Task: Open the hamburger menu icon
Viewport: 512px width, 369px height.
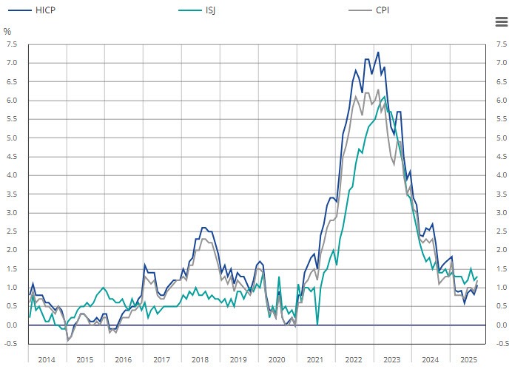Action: [500, 21]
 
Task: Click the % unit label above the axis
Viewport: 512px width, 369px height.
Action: [7, 32]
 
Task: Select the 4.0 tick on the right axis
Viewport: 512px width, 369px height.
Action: [501, 175]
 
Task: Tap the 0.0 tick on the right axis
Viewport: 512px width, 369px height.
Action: [501, 325]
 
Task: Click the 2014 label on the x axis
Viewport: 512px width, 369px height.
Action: [46, 359]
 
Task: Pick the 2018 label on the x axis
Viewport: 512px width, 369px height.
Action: [200, 359]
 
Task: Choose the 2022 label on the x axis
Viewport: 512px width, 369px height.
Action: [354, 359]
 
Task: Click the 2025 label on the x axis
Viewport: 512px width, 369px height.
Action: [468, 359]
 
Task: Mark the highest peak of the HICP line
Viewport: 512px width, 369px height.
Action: [378, 53]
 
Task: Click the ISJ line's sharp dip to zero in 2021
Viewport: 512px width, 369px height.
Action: [317, 324]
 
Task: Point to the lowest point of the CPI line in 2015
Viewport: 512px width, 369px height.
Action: [68, 341]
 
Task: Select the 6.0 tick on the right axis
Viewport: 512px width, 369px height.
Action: [501, 101]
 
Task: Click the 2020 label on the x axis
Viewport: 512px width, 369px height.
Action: [277, 359]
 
